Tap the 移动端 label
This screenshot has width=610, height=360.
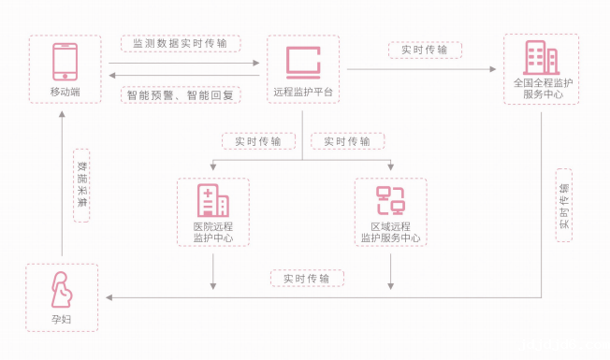tap(64, 91)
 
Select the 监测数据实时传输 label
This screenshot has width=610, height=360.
tap(181, 44)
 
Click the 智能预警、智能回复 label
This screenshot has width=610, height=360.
tap(181, 94)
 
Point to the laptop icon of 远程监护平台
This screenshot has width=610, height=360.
tap(302, 62)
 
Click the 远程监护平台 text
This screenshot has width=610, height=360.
tap(302, 92)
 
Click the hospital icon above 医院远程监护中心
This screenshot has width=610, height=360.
tap(212, 200)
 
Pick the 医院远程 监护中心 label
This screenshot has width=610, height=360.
tap(212, 232)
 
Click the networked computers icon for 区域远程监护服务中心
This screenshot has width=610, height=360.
tap(390, 200)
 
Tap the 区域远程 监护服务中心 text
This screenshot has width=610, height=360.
tap(390, 232)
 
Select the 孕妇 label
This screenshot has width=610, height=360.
tap(63, 320)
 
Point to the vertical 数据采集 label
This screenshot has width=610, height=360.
tap(82, 187)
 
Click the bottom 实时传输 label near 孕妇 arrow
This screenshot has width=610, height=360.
tap(307, 279)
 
